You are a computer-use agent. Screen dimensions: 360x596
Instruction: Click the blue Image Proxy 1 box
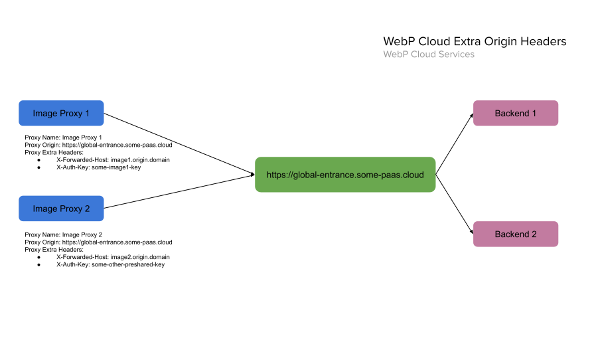coord(61,113)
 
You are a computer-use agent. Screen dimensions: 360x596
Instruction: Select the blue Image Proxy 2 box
coord(61,209)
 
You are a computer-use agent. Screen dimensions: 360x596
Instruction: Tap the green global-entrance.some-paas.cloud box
coord(344,175)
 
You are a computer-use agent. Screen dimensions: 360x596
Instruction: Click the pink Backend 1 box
coord(515,113)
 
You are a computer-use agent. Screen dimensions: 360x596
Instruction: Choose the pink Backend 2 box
coord(515,234)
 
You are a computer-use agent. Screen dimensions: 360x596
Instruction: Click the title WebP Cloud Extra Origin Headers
coord(475,41)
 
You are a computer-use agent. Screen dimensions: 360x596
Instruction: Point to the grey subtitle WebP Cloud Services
coord(428,54)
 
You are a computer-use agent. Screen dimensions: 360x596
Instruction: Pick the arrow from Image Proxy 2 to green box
coord(179,192)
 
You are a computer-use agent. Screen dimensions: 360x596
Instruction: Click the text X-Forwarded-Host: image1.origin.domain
coord(113,160)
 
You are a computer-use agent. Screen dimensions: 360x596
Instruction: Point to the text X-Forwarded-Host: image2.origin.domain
coord(113,257)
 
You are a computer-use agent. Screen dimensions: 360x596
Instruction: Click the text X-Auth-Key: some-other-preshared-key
coord(110,264)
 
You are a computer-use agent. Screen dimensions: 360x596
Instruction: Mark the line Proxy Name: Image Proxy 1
coord(63,137)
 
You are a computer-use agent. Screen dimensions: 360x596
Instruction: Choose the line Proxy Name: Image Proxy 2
coord(63,234)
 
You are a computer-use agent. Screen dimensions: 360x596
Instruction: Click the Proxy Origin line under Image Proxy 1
coord(98,145)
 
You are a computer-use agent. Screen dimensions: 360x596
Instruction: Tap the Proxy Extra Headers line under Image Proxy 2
coord(54,250)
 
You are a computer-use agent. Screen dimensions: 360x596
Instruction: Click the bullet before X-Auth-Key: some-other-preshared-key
coord(39,264)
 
